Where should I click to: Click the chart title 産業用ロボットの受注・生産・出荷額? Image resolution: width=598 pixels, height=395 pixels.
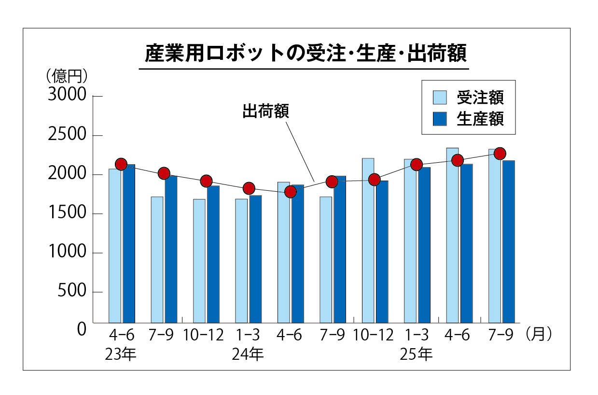(x=306, y=54)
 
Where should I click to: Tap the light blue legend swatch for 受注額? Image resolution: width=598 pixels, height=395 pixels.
(x=440, y=98)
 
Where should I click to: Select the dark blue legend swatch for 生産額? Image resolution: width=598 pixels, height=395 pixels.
(x=440, y=119)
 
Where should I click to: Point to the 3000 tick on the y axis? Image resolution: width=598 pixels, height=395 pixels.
(x=67, y=96)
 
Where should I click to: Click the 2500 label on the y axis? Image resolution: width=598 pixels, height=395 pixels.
(x=67, y=135)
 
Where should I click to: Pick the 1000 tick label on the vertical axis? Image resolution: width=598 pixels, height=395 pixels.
(x=67, y=253)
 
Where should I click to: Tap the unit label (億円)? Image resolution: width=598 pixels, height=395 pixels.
(x=67, y=76)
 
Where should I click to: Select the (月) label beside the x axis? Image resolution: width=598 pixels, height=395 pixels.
(x=538, y=334)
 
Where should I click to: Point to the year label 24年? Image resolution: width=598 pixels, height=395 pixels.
(x=248, y=354)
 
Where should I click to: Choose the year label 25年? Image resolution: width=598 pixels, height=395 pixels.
(x=416, y=354)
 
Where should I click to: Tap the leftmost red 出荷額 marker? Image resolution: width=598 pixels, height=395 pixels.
(x=121, y=164)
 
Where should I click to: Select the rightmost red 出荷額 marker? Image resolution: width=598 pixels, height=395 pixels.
(x=500, y=154)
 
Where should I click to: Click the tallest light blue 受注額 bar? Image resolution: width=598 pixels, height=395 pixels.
(x=452, y=235)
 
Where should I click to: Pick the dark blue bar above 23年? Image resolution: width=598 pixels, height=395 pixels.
(x=129, y=243)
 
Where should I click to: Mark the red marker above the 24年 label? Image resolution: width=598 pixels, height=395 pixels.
(x=249, y=188)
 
